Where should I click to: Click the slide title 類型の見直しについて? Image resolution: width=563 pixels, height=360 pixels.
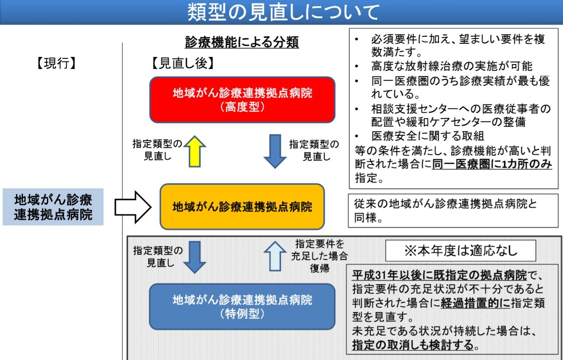[283, 12]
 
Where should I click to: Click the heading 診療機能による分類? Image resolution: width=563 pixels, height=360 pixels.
[241, 42]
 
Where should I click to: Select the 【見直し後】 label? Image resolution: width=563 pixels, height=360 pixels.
[183, 64]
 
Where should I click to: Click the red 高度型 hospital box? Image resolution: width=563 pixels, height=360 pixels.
[242, 100]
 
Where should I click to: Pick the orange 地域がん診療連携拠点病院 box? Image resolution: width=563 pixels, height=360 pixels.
[242, 207]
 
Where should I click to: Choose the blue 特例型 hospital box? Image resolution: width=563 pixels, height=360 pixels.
[242, 306]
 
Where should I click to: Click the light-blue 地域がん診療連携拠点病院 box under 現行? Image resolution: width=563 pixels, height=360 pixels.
[53, 207]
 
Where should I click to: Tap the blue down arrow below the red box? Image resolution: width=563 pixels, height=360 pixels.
[275, 151]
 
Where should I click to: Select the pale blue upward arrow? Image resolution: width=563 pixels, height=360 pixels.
[275, 256]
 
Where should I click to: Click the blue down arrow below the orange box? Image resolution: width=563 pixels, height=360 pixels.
[195, 257]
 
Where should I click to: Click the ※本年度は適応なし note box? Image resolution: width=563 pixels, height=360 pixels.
[460, 251]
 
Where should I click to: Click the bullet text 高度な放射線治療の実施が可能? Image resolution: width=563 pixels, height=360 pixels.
[452, 66]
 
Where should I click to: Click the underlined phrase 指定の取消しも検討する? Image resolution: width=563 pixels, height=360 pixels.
[413, 345]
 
